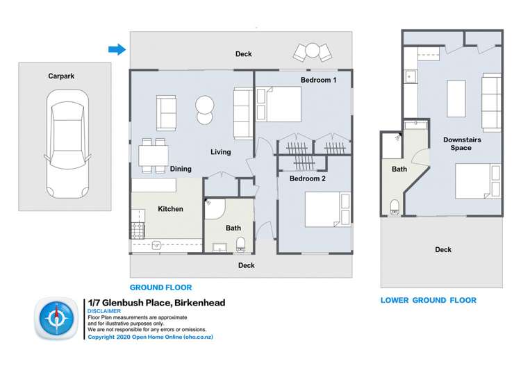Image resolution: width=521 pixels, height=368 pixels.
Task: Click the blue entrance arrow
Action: point(117,49)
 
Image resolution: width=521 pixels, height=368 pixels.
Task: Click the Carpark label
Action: point(61,76)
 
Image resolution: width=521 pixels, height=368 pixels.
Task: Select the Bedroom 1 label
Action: point(318,81)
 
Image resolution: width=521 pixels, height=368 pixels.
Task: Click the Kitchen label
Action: point(170,209)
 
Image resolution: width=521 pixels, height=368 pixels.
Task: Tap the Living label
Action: point(221,152)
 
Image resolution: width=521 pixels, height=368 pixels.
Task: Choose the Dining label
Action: point(181,169)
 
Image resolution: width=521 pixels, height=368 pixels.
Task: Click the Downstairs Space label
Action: point(462,144)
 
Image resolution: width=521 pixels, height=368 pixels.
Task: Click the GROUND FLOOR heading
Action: point(160,287)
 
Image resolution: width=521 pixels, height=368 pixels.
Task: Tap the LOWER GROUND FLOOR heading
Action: point(428,301)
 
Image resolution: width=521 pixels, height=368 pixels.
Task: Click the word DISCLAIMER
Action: point(104,312)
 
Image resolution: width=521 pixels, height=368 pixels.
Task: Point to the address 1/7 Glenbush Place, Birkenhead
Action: point(156,303)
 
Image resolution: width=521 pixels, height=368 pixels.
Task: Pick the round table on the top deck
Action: point(312,50)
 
